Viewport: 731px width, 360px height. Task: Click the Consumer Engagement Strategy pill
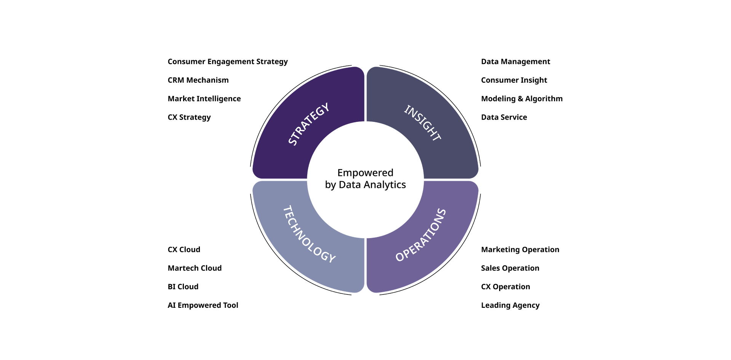228,61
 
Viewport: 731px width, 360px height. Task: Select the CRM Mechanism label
198,80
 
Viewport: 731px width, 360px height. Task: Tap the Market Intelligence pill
204,99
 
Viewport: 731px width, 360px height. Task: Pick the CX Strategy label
189,117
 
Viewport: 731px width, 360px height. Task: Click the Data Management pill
516,61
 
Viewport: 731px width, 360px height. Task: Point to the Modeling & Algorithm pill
522,99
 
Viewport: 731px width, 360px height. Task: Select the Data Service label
504,117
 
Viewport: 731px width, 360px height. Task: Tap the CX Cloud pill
184,250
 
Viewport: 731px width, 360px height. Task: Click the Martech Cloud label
195,268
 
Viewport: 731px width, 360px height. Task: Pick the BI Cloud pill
183,286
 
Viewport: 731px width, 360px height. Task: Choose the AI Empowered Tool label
203,305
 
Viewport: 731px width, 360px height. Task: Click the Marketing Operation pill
520,250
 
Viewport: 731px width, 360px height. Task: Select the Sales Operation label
510,268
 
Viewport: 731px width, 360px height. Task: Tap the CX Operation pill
506,286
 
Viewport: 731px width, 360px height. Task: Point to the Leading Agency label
511,305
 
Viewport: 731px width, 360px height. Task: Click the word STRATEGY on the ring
308,124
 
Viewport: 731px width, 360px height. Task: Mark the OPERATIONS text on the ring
421,235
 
